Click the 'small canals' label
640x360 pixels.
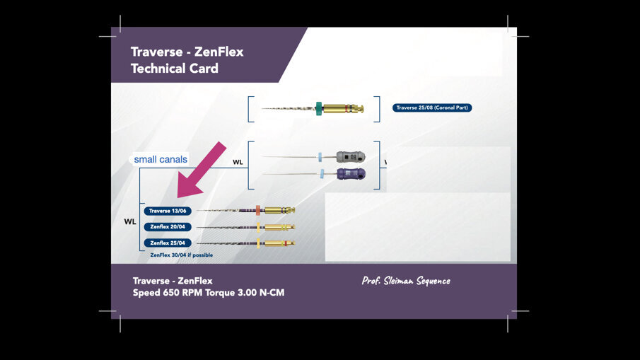coord(161,159)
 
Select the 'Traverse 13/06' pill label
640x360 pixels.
coord(167,211)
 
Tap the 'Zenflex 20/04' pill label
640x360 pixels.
coord(167,227)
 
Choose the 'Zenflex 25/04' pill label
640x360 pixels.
coord(167,243)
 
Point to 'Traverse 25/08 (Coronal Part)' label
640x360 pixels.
coord(432,108)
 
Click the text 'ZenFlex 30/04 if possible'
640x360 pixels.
coord(182,255)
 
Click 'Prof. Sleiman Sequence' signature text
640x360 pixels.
coord(406,281)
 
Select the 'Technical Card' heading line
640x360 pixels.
coord(175,69)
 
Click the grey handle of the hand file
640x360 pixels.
coord(349,156)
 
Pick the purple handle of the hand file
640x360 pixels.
coord(350,173)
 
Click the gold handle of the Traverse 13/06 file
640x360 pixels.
coord(279,210)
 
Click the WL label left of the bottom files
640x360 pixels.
coord(130,221)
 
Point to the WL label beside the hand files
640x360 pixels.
coord(238,163)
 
